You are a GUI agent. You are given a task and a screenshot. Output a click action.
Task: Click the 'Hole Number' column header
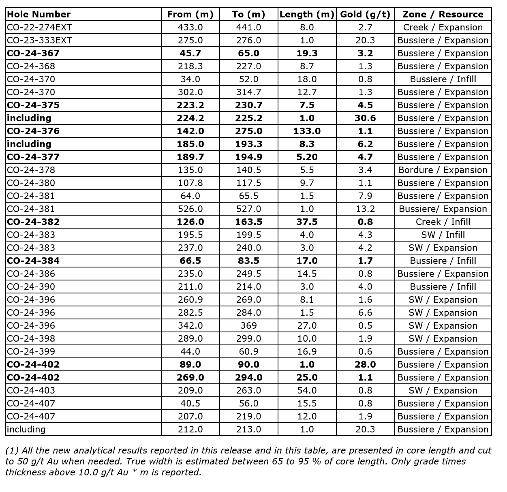tap(39, 15)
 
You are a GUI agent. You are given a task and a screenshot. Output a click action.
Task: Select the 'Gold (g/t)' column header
tap(365, 15)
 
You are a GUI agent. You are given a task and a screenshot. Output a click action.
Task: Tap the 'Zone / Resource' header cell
tap(443, 15)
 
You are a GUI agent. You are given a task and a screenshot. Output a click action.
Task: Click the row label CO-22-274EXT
tap(39, 28)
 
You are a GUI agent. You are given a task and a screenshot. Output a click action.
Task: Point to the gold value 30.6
tap(365, 118)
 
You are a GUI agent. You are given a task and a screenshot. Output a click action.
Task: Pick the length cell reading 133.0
tap(307, 131)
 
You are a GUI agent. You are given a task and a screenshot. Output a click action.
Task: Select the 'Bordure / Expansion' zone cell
tap(443, 170)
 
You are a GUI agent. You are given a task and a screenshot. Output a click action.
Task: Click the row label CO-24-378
tap(31, 170)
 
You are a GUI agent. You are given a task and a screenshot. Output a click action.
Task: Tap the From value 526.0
tap(190, 209)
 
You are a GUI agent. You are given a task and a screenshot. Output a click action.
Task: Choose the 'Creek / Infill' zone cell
tap(443, 222)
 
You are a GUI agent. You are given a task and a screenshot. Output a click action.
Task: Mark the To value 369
tap(248, 326)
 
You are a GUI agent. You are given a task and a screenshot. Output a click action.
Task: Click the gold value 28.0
tap(365, 365)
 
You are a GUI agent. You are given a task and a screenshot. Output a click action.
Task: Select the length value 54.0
tap(307, 391)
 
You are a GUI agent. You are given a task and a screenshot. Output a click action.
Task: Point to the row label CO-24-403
tap(31, 391)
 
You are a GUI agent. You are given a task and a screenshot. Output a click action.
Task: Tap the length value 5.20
tap(307, 157)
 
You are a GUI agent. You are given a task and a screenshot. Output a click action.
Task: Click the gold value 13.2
tap(365, 209)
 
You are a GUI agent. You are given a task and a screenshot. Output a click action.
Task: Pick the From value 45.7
tap(190, 53)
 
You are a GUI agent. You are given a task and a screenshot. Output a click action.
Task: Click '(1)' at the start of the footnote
tap(12, 451)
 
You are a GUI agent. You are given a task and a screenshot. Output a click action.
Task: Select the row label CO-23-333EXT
tap(39, 41)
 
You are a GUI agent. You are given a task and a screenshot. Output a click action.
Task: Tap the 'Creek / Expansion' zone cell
tap(443, 28)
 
